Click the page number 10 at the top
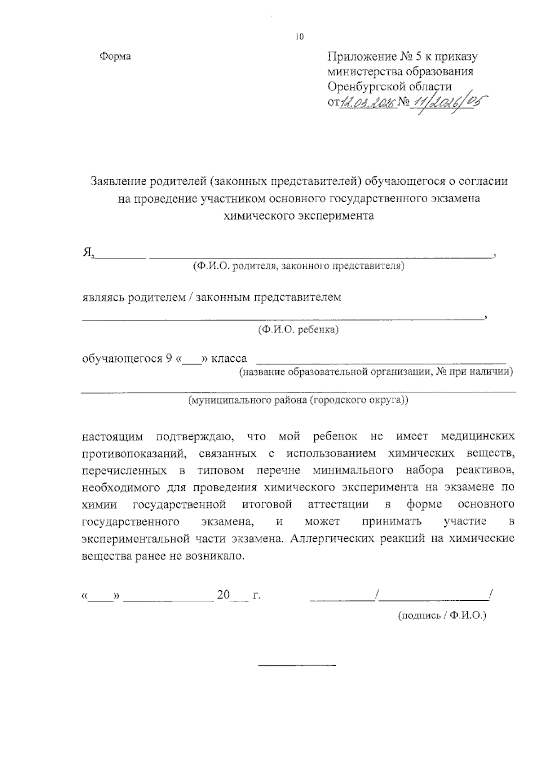300,37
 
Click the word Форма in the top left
115,57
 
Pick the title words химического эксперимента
299,216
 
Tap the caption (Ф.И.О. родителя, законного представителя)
299,266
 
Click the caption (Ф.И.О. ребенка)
298,330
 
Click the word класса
229,359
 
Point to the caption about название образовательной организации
375,372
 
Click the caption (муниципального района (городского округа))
298,400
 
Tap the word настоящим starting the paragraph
112,436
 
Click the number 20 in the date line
224,595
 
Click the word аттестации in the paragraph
338,505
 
